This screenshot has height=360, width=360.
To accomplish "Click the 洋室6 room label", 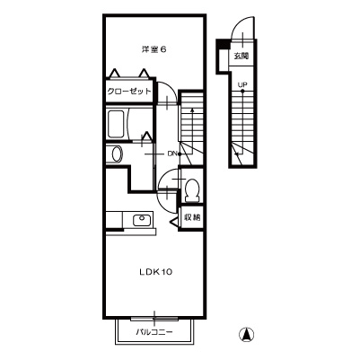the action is (x=154, y=49).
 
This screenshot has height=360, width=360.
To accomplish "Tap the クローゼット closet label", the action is (x=129, y=91).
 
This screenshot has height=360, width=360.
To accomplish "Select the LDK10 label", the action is (x=155, y=272).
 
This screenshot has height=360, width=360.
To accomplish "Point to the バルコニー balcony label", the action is (x=154, y=332).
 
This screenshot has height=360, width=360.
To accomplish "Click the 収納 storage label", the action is (x=192, y=217).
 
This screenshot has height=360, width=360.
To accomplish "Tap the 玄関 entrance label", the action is (x=241, y=56).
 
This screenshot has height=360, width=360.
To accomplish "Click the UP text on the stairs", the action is (x=242, y=85).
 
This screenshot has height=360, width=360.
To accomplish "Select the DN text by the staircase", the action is (x=171, y=154).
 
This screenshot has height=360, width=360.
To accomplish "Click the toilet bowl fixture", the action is (x=192, y=189).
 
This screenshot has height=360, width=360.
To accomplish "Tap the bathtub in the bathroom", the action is (x=116, y=124).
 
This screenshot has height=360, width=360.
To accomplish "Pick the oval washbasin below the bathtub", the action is (x=117, y=154).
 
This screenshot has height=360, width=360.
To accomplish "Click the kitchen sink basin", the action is (x=141, y=220).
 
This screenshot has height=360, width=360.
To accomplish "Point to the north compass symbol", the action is (x=247, y=335).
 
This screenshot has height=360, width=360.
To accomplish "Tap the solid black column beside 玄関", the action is (x=223, y=44).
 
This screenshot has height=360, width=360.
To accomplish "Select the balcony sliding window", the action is (x=154, y=319).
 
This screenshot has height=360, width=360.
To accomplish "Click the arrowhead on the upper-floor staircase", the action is (x=192, y=110).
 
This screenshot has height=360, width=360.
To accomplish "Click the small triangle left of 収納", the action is (x=173, y=222).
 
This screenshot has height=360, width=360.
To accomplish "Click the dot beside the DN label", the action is (x=180, y=154).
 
